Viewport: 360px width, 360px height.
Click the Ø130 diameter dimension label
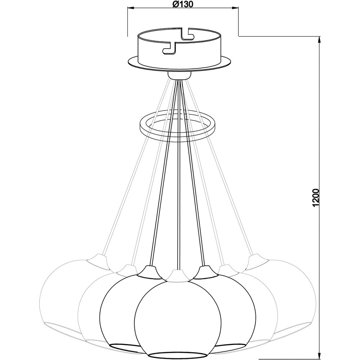pyautogui.click(x=183, y=4)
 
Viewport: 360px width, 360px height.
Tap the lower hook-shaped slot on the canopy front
pyautogui.click(x=169, y=49)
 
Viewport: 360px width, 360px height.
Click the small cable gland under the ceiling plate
pyautogui.click(x=179, y=75)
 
